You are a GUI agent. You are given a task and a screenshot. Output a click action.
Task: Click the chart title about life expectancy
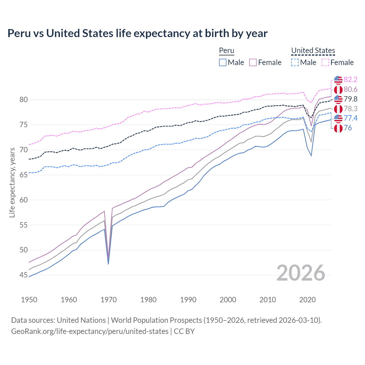(x=137, y=33)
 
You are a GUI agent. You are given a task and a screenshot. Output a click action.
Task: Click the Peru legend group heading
(x=226, y=50)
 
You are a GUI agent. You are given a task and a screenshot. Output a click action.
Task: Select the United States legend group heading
(x=313, y=50)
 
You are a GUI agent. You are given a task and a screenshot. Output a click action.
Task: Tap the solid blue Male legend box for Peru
(x=223, y=62)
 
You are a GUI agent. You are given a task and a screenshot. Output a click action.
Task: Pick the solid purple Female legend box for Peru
(x=253, y=62)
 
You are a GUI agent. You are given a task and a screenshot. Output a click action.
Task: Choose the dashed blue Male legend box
(x=295, y=62)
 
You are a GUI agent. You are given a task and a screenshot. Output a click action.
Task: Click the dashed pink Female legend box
(x=325, y=62)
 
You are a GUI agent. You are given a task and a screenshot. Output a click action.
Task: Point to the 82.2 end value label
(x=350, y=80)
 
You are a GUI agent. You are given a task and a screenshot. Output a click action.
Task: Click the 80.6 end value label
(x=350, y=90)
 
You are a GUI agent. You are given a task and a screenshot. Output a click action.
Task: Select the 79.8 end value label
(x=350, y=99)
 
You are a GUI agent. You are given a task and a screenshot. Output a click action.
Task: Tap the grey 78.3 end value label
(x=350, y=109)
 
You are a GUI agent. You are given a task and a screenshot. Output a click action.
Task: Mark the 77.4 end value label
(x=350, y=118)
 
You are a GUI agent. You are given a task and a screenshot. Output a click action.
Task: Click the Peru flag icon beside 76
(x=338, y=128)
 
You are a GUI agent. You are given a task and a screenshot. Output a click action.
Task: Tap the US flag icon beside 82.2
(x=338, y=80)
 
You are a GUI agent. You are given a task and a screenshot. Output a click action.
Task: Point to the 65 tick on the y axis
(x=24, y=175)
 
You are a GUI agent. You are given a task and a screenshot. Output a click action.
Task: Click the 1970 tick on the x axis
(x=109, y=300)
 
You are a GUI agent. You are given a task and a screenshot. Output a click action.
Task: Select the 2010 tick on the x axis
(x=267, y=300)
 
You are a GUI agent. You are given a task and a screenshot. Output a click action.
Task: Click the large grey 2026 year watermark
(x=301, y=273)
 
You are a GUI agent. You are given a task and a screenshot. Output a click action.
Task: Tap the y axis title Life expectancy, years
(x=12, y=182)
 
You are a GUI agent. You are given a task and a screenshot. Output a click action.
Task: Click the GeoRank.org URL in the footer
(x=90, y=331)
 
